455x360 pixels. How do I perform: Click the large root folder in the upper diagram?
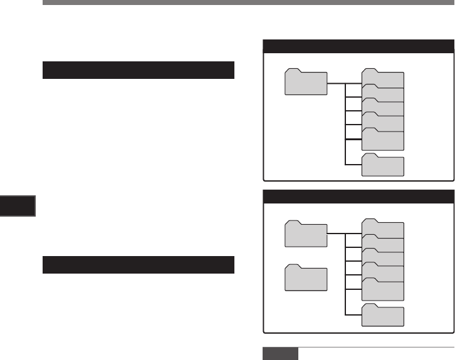(306, 82)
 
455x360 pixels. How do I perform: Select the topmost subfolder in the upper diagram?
(384, 80)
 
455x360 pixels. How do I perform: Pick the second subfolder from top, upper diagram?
(384, 94)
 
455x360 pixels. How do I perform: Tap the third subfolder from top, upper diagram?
(384, 108)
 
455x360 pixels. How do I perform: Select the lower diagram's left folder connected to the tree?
(306, 234)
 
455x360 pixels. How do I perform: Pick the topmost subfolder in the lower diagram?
(384, 229)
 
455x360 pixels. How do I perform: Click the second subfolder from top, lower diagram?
(384, 244)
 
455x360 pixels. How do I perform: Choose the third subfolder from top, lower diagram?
(384, 258)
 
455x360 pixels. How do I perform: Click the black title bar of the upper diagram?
(358, 46)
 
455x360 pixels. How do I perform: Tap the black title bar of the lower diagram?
(358, 196)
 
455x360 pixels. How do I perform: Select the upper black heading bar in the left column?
(139, 70)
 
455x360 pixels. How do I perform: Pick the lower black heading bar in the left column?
(139, 265)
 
